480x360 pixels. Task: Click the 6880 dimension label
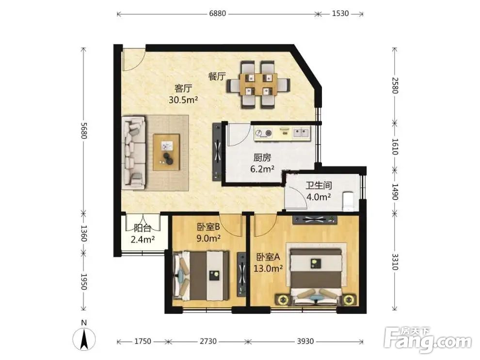click(x=217, y=14)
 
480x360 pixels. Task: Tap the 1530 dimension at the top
click(x=340, y=14)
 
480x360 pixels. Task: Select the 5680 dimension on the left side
click(x=84, y=130)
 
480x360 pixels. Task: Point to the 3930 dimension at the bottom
click(x=305, y=341)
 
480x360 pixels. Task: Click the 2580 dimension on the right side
click(x=395, y=85)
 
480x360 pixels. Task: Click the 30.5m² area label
click(x=183, y=99)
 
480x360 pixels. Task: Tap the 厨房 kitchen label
click(x=262, y=158)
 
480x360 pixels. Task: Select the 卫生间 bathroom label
click(x=319, y=186)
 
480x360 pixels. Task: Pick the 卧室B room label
click(x=208, y=227)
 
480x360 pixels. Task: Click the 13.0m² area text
click(x=268, y=268)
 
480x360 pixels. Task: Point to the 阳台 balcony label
click(x=143, y=228)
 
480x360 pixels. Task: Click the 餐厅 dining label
click(x=217, y=77)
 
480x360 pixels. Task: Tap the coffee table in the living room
click(x=166, y=152)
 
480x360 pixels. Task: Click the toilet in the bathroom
click(x=349, y=201)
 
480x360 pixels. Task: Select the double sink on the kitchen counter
click(x=301, y=133)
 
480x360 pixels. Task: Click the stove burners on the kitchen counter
click(x=264, y=133)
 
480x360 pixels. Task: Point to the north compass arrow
click(x=84, y=339)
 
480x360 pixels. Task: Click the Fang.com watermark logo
click(x=428, y=340)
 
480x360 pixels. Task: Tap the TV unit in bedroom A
click(x=315, y=220)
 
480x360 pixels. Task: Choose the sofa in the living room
click(x=134, y=152)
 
